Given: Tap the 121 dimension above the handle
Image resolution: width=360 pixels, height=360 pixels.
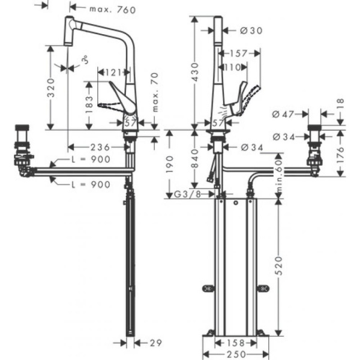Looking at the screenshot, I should (x=112, y=73).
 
